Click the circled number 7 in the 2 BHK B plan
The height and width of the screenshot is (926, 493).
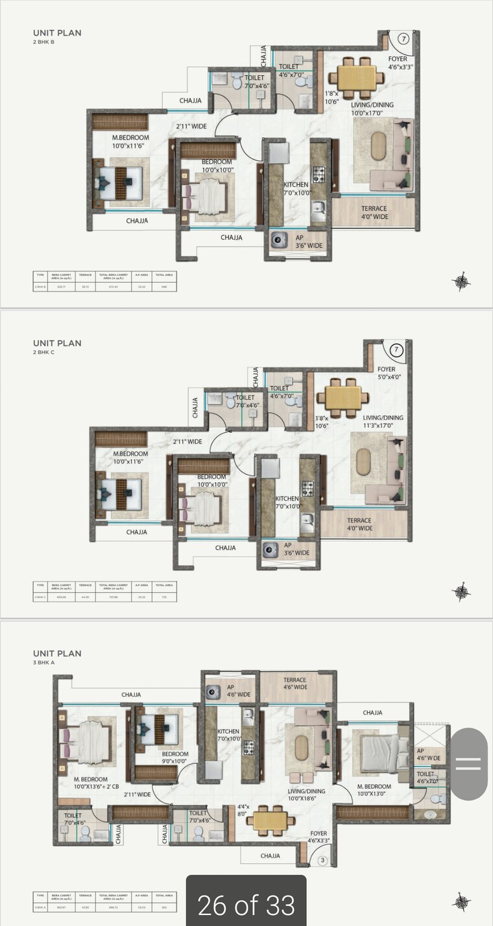click(403, 39)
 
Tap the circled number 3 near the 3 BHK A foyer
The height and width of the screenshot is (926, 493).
click(322, 861)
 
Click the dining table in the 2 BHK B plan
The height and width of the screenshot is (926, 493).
click(355, 78)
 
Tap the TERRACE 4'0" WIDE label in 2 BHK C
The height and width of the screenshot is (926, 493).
click(359, 524)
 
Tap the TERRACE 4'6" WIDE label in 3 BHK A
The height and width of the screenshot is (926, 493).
click(295, 684)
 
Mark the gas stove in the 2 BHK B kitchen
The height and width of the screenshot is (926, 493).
click(319, 174)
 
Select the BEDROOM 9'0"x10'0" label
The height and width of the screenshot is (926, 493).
click(175, 758)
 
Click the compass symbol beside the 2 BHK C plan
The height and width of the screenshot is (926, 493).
click(461, 592)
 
